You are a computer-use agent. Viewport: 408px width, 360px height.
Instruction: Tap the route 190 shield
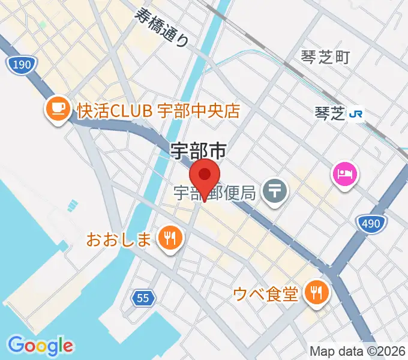click(20, 65)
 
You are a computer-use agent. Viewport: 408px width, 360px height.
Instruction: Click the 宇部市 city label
click(198, 151)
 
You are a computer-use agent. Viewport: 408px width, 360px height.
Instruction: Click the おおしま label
click(119, 240)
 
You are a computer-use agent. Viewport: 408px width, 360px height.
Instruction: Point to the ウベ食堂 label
click(266, 294)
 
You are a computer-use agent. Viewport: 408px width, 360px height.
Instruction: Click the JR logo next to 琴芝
click(357, 112)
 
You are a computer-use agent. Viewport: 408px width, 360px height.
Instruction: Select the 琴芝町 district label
click(325, 58)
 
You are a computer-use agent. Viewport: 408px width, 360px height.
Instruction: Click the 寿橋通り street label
click(163, 28)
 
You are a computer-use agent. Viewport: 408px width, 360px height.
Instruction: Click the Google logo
click(40, 346)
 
